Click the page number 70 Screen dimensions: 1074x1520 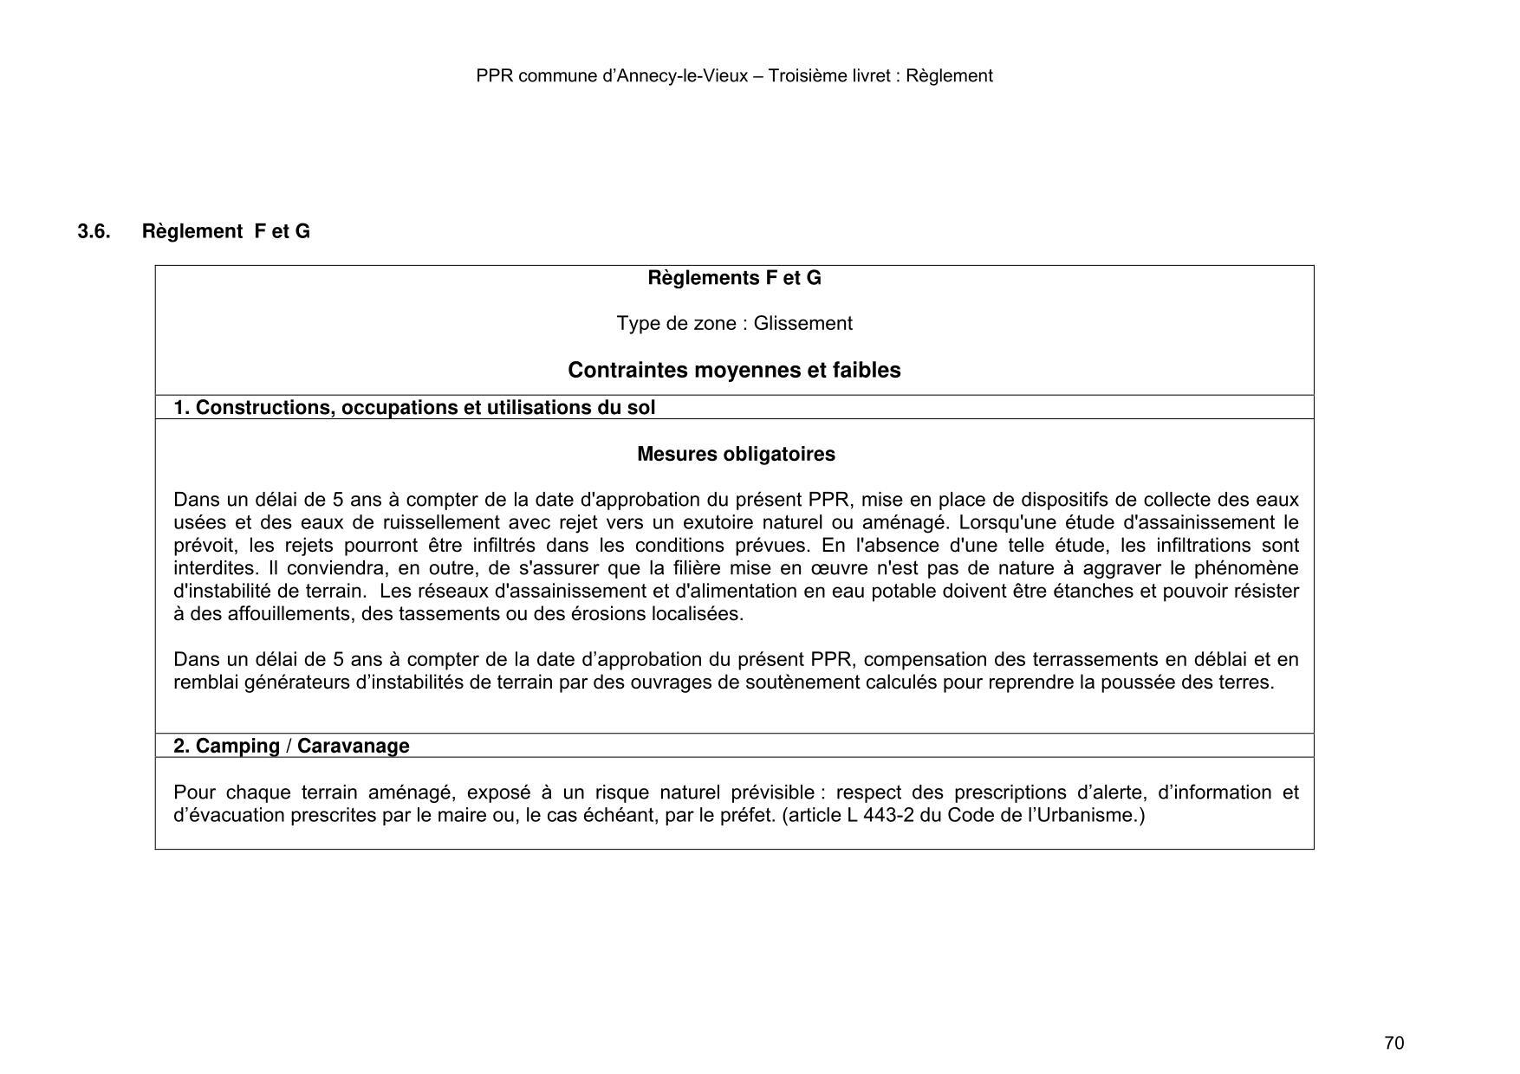(x=1393, y=1043)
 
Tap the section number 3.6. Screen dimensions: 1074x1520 (x=94, y=231)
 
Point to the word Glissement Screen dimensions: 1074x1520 (x=802, y=324)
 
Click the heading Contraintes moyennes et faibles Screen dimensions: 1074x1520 (x=734, y=371)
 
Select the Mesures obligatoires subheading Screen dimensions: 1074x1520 (x=736, y=455)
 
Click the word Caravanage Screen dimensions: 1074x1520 (x=353, y=747)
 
